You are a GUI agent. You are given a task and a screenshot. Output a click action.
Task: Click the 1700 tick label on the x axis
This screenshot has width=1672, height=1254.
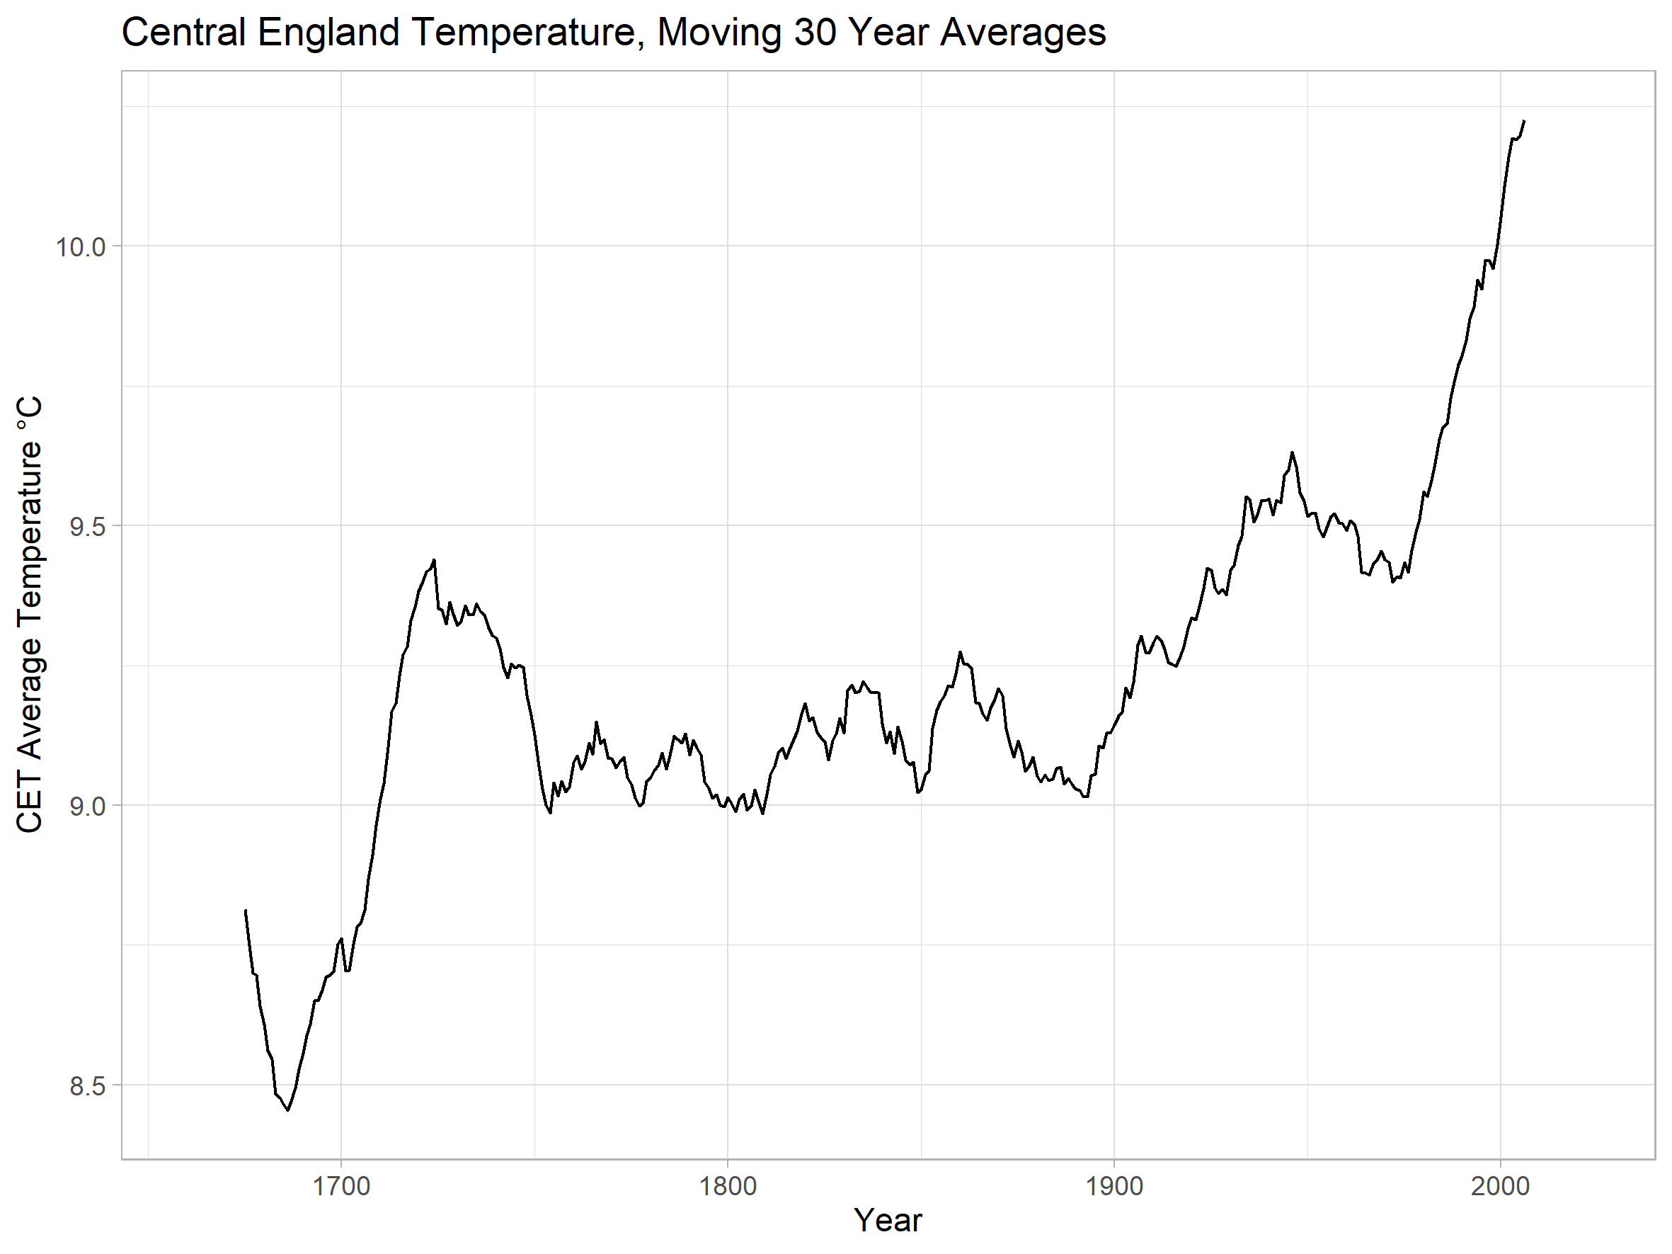[x=341, y=1186]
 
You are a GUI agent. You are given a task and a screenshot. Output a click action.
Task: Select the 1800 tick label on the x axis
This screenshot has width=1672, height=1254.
[x=728, y=1186]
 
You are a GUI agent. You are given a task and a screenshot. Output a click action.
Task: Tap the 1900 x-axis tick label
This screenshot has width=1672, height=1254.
[x=1114, y=1186]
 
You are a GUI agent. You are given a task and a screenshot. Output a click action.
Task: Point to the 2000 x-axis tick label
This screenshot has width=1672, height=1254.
[x=1501, y=1186]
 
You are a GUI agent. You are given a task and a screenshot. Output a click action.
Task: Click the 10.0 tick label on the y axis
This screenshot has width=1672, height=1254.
[x=79, y=246]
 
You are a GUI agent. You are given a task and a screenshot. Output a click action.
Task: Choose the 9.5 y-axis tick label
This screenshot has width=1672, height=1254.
[x=87, y=526]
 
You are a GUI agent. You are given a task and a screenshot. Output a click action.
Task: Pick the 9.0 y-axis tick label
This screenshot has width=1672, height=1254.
[x=87, y=806]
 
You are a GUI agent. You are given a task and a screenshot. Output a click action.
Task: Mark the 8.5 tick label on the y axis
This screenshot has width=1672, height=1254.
[x=87, y=1085]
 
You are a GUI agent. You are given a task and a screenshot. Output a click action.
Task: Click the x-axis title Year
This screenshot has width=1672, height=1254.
[x=888, y=1221]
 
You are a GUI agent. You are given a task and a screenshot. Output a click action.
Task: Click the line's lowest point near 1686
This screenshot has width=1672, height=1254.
[x=288, y=1110]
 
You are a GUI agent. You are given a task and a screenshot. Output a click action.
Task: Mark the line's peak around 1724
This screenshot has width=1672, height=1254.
[x=435, y=560]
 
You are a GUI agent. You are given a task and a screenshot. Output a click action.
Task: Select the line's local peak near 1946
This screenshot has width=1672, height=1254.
[x=1292, y=452]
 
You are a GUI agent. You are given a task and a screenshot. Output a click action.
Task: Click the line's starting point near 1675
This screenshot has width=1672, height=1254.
[x=246, y=910]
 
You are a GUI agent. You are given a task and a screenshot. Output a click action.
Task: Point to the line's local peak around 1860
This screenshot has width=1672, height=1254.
[x=960, y=652]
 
